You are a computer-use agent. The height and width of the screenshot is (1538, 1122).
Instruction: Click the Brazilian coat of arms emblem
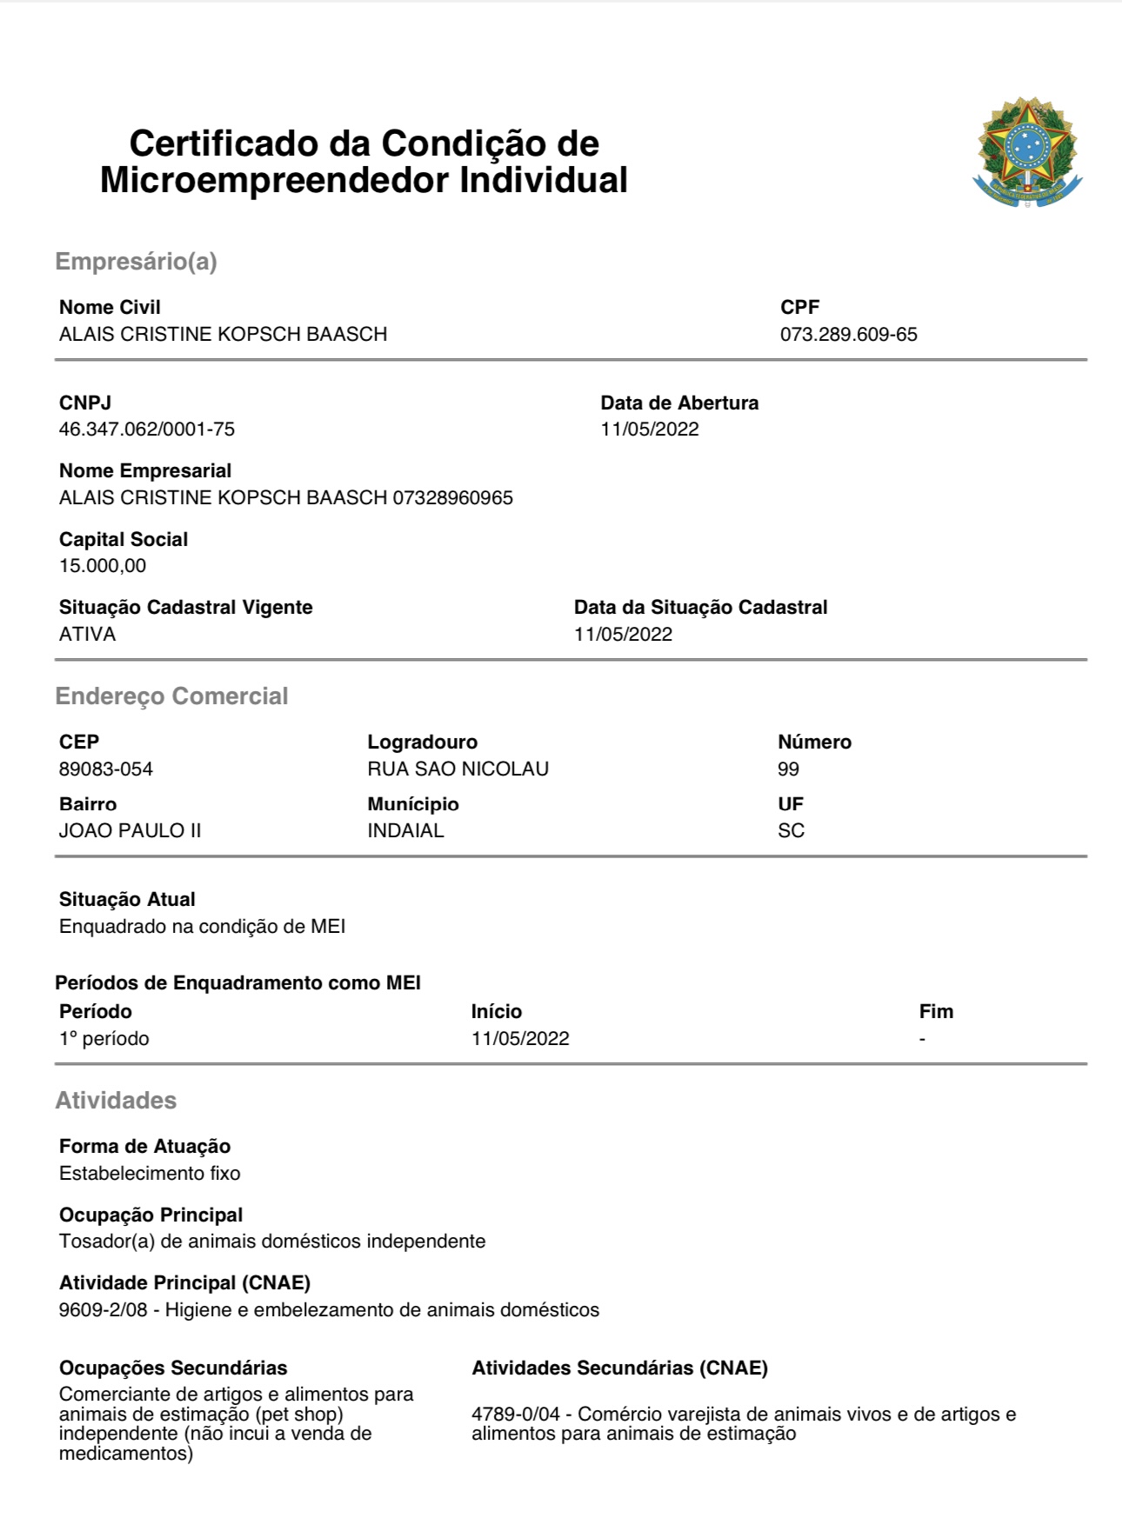coord(1027,152)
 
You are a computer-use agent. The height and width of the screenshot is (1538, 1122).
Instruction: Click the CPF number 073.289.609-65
coord(848,335)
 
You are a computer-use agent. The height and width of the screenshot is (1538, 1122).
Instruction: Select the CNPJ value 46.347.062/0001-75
coord(147,429)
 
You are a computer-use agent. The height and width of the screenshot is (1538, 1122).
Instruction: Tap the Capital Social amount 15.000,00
coord(103,566)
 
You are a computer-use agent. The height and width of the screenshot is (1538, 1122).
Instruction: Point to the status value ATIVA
coord(87,635)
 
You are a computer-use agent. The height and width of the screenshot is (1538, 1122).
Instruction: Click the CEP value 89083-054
coord(106,769)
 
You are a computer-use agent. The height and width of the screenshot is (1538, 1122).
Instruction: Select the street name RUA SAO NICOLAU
coord(457,769)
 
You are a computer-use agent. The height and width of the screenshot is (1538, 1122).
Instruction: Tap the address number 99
coord(788,769)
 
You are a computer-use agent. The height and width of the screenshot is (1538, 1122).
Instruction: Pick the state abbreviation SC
coord(791,831)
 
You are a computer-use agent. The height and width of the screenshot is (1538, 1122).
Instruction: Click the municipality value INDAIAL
coord(405,831)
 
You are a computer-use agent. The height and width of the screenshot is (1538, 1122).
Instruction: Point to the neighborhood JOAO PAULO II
coord(130,831)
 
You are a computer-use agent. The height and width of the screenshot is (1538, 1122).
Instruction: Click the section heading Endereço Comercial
coord(171,696)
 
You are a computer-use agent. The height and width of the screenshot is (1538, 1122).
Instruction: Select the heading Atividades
coord(116,1101)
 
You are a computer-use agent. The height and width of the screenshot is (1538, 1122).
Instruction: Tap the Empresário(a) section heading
coord(136,262)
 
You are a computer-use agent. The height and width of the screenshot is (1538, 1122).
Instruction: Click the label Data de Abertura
coord(679,403)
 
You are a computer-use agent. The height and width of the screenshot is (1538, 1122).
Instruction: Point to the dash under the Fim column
coord(922,1039)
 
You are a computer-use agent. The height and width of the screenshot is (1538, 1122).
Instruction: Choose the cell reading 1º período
coord(104,1039)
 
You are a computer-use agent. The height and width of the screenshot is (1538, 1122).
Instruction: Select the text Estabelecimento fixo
coord(150,1174)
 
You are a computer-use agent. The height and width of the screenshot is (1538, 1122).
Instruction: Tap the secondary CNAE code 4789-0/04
coord(516,1415)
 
